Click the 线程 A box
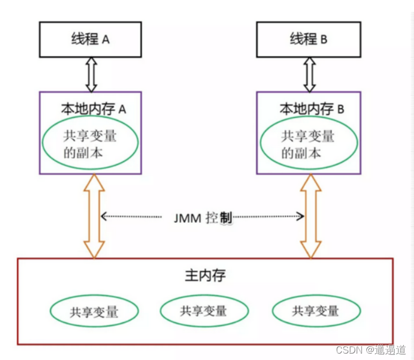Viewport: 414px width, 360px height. pos(90,39)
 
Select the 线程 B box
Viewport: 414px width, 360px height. pos(308,39)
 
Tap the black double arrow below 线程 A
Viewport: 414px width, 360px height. pos(91,74)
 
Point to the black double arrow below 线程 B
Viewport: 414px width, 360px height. pos(309,74)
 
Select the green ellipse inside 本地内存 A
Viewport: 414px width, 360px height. pos(89,144)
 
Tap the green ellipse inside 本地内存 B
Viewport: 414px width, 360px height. pos(307,144)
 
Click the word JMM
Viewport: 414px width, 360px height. pos(187,218)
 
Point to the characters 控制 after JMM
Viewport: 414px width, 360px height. pos(219,218)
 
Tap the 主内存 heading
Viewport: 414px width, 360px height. pos(205,276)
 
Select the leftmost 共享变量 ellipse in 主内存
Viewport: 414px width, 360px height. pos(94,311)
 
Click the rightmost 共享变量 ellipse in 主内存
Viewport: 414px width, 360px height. pos(315,310)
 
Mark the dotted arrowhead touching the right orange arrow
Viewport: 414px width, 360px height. pos(301,216)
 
